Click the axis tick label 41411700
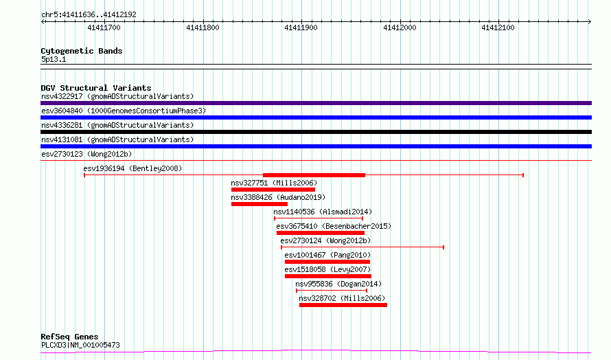104,27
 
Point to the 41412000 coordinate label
400,27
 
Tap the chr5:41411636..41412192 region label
89,15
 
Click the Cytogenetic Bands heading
82,51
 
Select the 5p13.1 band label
54,59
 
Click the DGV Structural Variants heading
96,88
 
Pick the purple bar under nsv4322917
316,103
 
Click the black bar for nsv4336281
316,132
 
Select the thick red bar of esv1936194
314,175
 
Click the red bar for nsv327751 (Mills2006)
273,190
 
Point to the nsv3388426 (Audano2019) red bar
260,204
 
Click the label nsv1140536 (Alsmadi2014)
323,212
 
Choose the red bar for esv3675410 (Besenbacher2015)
321,233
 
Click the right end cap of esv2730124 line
443,247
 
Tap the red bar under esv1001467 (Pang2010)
327,262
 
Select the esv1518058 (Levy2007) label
327,269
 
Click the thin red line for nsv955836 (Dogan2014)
332,291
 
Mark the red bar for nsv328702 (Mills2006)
343,305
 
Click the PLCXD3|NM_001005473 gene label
80,345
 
